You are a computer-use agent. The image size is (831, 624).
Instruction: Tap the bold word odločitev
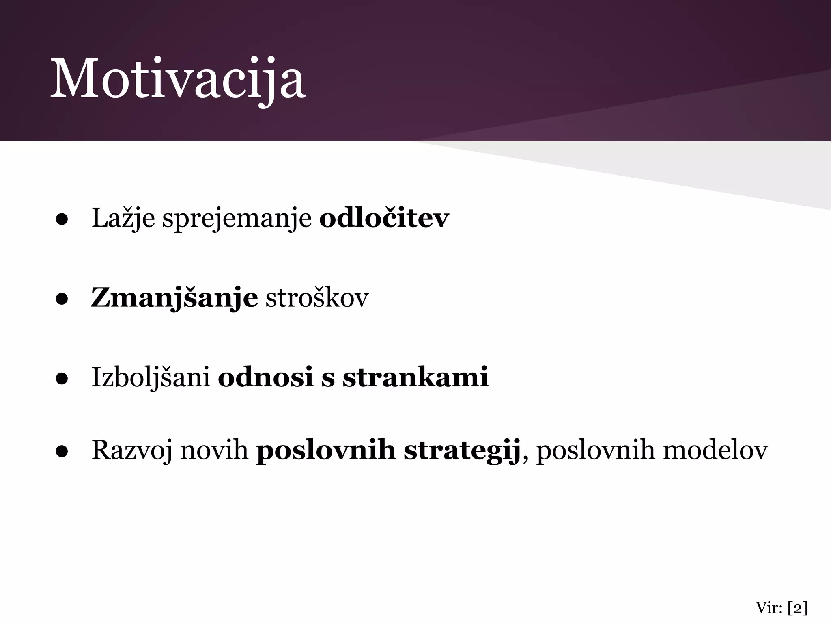tap(384, 218)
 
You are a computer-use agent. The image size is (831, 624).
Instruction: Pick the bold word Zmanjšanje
tap(174, 298)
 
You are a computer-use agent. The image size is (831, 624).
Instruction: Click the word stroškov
tap(317, 298)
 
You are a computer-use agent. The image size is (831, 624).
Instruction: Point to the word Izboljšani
tap(151, 378)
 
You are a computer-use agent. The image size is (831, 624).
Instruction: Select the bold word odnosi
tap(266, 377)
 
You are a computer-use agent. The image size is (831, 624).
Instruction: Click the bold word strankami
tap(415, 377)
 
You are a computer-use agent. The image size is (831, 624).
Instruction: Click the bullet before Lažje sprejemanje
tap(62, 220)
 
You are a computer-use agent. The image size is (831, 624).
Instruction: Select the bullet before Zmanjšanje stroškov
tap(62, 299)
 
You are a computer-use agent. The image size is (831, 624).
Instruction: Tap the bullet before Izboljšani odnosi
tap(62, 379)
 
